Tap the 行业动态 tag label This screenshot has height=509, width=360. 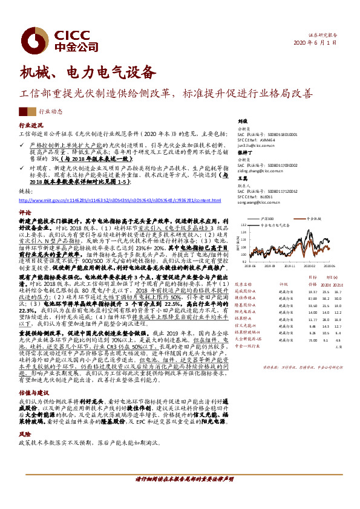pos(51,112)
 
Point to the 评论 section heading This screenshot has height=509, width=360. pos(24,213)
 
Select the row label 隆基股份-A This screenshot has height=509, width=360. pos(246,305)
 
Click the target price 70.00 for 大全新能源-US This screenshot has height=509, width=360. pos(313,340)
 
